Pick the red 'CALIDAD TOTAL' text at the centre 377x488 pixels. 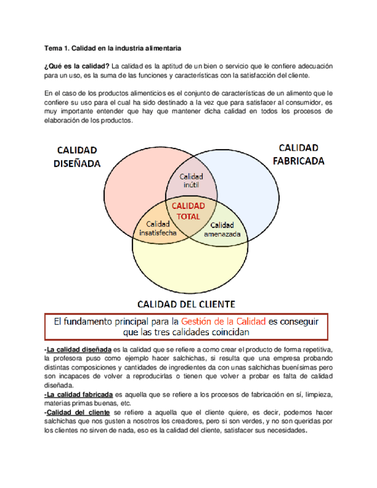pos(188,211)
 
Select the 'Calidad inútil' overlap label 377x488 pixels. pos(191,181)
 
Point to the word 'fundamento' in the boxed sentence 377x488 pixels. pos(100,321)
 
